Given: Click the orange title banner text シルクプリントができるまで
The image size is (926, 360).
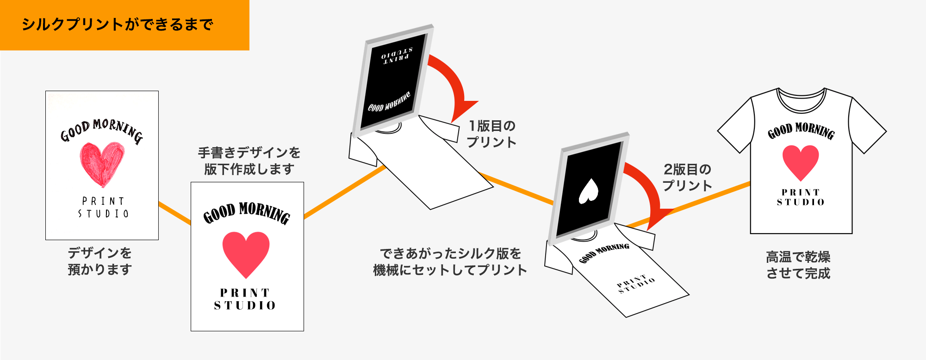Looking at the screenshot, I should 117,25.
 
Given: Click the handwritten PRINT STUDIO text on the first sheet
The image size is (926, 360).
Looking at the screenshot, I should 103,207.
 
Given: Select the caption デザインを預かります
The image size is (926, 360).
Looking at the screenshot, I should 100,261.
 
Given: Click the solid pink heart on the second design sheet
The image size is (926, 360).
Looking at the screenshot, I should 246,253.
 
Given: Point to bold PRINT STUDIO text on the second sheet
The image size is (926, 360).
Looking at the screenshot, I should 245,299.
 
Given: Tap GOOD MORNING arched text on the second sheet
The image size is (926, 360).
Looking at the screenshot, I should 247,213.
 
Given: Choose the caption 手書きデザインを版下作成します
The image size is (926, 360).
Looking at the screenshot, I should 249,161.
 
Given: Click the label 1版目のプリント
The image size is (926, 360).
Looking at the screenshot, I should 491,134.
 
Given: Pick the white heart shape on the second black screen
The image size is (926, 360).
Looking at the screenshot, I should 589,191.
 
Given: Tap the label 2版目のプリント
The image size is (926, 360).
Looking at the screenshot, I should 687,177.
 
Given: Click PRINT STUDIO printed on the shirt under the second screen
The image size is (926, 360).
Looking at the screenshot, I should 636,283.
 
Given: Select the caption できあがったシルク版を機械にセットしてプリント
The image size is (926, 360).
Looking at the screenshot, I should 450,261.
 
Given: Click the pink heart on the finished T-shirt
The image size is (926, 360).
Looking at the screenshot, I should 801,161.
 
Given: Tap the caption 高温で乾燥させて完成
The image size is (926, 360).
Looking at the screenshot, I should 798,265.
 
